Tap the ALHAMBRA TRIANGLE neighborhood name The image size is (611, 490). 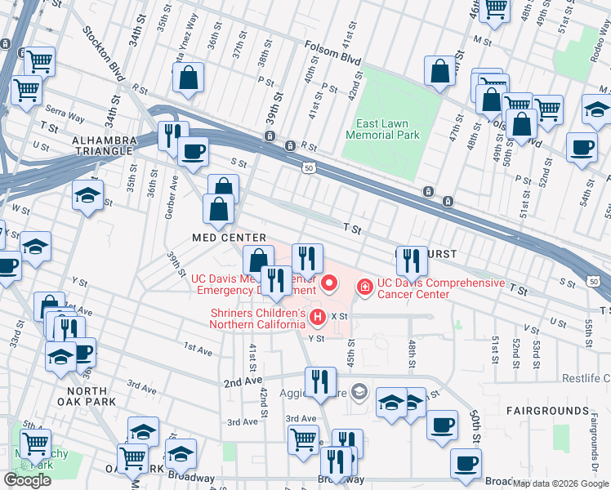[x=103, y=145]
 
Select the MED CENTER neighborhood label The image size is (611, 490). [x=219, y=238]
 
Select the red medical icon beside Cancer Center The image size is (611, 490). [x=363, y=287]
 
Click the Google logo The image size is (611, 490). [x=27, y=480]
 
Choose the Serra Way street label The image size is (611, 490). [x=66, y=118]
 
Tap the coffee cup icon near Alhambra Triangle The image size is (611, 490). [x=193, y=152]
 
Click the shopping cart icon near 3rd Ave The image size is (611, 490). [x=303, y=439]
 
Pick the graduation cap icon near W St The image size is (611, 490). [x=87, y=196]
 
